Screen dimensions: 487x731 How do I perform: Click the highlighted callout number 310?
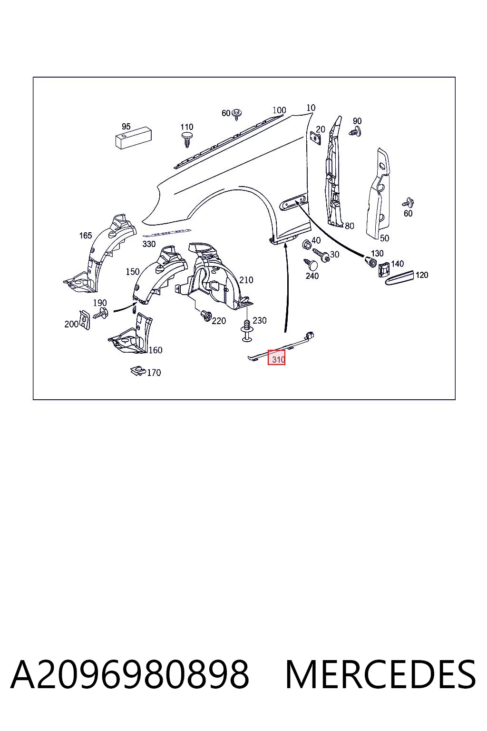click(x=278, y=360)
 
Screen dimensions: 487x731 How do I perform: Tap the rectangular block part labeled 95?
click(x=134, y=139)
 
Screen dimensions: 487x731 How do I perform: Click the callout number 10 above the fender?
click(x=311, y=108)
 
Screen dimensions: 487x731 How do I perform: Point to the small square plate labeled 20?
click(x=315, y=138)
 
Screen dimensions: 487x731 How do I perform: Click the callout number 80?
click(x=350, y=226)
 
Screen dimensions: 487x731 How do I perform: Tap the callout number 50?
click(x=385, y=238)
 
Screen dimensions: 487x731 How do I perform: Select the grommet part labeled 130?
click(x=370, y=262)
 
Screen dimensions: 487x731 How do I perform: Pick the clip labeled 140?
click(x=384, y=269)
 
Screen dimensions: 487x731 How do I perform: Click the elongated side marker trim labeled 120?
click(x=399, y=278)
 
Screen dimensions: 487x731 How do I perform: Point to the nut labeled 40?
click(x=306, y=244)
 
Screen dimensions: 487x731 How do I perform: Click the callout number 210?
click(x=246, y=280)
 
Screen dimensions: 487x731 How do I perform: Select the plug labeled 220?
click(x=206, y=316)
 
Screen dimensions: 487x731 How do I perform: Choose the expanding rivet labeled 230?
click(x=247, y=331)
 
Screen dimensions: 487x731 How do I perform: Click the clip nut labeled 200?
click(x=85, y=320)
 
